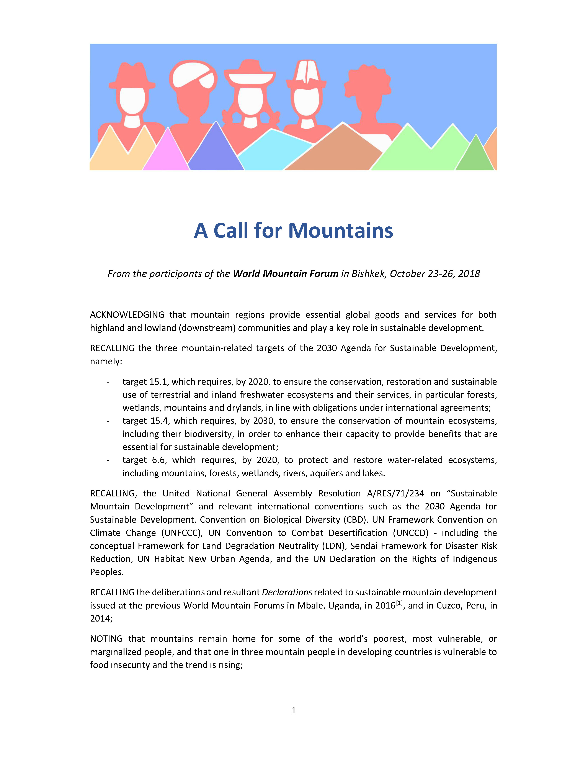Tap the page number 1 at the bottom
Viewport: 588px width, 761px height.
point(294,710)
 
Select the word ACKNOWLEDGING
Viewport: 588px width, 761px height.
point(127,315)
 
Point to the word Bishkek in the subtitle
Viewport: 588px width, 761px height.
point(369,273)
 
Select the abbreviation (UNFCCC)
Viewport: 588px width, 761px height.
point(182,533)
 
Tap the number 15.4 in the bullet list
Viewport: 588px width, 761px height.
point(160,421)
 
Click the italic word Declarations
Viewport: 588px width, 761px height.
point(287,592)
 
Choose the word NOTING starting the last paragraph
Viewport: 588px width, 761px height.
point(106,639)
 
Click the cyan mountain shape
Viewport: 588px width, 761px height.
point(275,150)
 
